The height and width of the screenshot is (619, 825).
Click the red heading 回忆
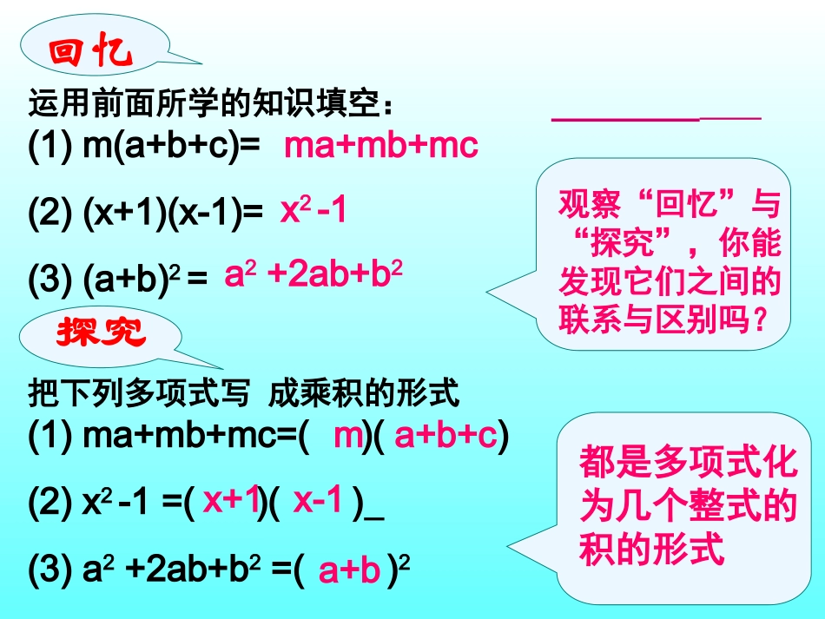tap(91, 55)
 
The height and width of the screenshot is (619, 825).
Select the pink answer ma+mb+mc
tap(381, 146)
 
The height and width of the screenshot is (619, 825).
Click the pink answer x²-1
tap(313, 211)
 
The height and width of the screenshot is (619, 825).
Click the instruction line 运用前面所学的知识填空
tap(212, 106)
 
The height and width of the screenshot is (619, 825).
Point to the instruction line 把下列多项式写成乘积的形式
tap(242, 395)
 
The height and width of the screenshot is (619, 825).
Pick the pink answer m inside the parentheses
tap(347, 436)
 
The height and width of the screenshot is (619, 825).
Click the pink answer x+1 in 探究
tap(232, 500)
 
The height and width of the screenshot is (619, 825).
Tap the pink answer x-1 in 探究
tap(318, 500)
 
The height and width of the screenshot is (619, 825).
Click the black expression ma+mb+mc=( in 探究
tap(169, 436)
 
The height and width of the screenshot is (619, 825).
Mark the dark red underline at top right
tap(656, 117)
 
